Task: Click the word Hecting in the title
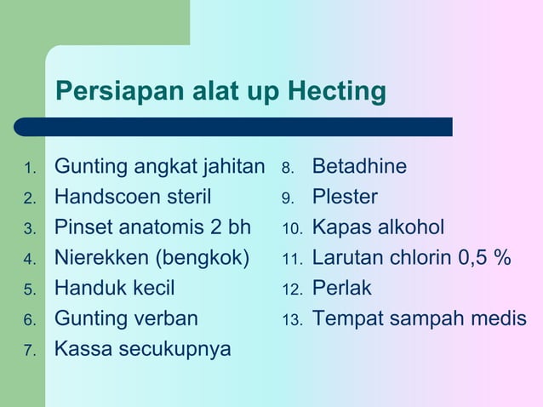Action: click(x=338, y=91)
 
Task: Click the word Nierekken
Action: click(x=105, y=257)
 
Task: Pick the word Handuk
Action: click(x=89, y=288)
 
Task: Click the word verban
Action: click(x=167, y=318)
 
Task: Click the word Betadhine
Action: click(x=359, y=166)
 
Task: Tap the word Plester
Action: click(x=345, y=197)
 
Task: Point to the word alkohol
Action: click(x=407, y=227)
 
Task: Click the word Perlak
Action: click(x=342, y=288)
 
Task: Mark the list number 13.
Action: click(x=293, y=320)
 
